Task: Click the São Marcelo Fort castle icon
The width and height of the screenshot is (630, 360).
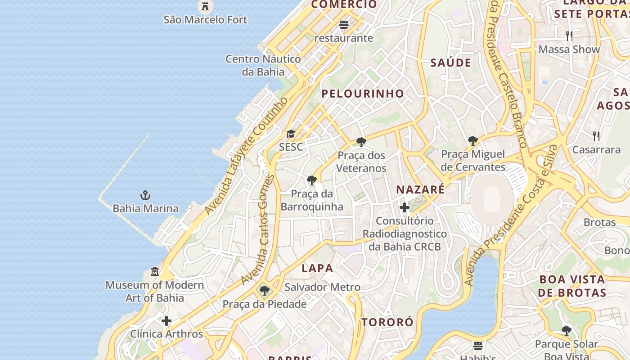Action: click(205, 6)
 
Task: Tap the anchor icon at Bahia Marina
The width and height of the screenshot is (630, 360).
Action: click(145, 195)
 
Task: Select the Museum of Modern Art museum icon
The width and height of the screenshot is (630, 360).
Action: click(155, 272)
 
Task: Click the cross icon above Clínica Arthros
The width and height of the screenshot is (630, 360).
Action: click(166, 321)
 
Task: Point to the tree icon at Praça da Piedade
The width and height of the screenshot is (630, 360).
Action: click(265, 291)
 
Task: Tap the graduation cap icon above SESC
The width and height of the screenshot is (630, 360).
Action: click(291, 134)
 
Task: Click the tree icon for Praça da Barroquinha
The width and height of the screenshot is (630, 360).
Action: click(311, 181)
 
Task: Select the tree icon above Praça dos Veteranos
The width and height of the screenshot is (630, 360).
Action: click(361, 142)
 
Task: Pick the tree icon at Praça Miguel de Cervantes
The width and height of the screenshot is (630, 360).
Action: click(472, 141)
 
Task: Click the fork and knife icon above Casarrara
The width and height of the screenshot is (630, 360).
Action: click(596, 136)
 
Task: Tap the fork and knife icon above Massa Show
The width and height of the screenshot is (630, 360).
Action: click(569, 36)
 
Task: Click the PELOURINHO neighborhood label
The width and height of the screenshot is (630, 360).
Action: click(363, 94)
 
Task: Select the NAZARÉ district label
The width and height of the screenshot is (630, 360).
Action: click(420, 189)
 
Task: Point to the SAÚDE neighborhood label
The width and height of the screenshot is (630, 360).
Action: click(451, 63)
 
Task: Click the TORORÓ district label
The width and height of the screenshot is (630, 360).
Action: click(387, 322)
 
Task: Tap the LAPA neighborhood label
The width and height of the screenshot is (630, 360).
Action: click(317, 269)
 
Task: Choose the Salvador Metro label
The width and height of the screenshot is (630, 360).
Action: click(322, 287)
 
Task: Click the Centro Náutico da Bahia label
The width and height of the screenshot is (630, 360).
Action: click(263, 65)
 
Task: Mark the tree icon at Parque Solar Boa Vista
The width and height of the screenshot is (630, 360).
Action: click(567, 331)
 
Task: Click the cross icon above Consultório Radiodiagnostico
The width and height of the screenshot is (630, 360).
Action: click(405, 207)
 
